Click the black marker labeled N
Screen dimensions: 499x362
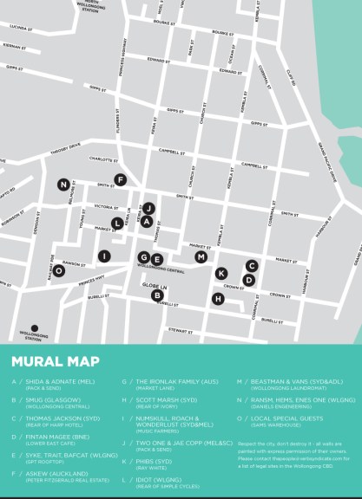[x=63, y=185]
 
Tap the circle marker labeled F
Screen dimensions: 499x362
[x=121, y=180]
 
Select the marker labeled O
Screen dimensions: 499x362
[x=58, y=271]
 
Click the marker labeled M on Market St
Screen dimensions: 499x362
[x=201, y=257]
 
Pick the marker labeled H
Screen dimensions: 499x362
[x=218, y=299]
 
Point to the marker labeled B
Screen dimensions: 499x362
[x=157, y=295]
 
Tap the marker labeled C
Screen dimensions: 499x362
[x=252, y=266]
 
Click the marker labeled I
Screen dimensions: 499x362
[x=104, y=256]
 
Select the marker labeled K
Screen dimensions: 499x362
[x=221, y=273]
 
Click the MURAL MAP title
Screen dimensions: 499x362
[x=55, y=361]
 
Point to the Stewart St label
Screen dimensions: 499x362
[x=181, y=331]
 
